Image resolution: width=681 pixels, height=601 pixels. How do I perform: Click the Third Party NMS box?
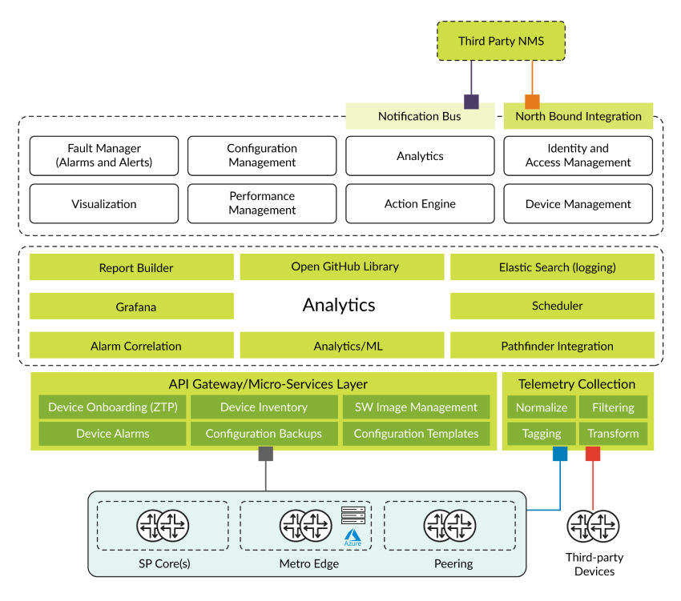[501, 40]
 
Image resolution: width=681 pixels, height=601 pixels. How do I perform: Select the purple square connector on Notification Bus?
[471, 102]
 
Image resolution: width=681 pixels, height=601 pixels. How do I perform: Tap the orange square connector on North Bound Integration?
[532, 102]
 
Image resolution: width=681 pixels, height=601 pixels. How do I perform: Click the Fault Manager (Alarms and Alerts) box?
[104, 155]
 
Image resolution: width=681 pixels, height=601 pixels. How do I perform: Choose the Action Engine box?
[420, 204]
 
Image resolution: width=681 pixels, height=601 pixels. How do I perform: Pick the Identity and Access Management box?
[578, 155]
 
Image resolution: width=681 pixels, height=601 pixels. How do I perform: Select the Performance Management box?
[262, 204]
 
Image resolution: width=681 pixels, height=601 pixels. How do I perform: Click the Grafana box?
[131, 306]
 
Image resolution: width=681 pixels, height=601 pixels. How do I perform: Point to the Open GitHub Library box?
[341, 267]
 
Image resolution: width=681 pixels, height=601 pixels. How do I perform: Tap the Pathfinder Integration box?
[551, 346]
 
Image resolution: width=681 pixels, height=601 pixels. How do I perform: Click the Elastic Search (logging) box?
[551, 267]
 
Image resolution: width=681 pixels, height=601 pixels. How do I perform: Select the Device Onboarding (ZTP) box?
[113, 407]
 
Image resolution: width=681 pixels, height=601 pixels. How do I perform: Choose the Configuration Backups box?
[264, 434]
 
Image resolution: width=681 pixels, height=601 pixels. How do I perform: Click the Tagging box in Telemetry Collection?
[542, 434]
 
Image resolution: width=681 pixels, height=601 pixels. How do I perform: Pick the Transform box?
[613, 434]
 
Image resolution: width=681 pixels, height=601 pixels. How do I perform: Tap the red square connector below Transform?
[593, 454]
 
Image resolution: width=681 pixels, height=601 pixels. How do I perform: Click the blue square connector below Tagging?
[560, 454]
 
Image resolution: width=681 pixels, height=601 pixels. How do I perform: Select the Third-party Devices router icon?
[594, 526]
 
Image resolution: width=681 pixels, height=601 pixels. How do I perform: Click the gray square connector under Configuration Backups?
[265, 454]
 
